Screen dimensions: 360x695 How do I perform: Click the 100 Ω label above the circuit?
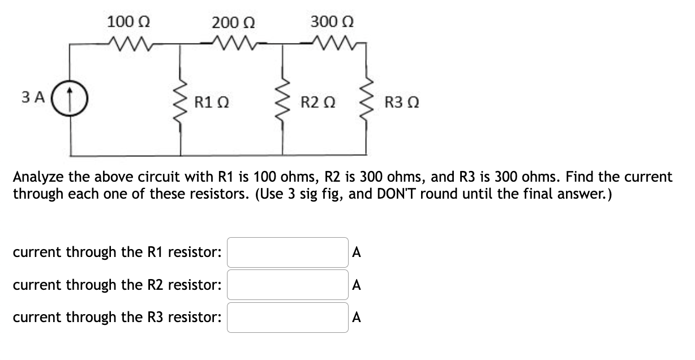click(x=128, y=23)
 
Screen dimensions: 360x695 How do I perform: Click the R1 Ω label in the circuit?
click(x=211, y=103)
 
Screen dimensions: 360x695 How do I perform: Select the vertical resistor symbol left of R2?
click(x=282, y=104)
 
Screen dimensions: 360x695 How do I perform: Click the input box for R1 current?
click(x=288, y=252)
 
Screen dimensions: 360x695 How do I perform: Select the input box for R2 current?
click(x=288, y=284)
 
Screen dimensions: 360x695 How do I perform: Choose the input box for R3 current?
click(x=288, y=317)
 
